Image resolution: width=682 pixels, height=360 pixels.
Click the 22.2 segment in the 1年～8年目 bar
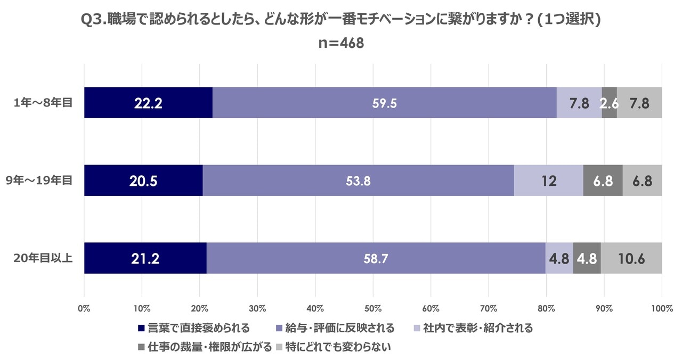coord(148,103)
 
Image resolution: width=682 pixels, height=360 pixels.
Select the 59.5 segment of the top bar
coord(384,103)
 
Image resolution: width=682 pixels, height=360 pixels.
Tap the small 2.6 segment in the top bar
coord(609,103)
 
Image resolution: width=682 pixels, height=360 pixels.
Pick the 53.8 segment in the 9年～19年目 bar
coord(358,181)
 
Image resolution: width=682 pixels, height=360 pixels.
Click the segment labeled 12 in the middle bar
coord(548,181)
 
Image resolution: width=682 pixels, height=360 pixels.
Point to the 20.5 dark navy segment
coord(143,181)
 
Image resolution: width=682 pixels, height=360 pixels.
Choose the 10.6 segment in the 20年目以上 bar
coord(631,258)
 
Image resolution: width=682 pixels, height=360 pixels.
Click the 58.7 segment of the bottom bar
coord(376,258)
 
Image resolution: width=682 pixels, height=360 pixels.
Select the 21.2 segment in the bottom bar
coord(145,258)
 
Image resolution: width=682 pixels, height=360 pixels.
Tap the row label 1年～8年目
coord(43,103)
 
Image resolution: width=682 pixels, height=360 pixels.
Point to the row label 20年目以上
coord(43,258)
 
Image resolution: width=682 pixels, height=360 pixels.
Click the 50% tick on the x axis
coord(373,308)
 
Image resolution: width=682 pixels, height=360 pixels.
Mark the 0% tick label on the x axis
coord(84,308)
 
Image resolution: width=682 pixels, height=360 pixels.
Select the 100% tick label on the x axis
coord(661,308)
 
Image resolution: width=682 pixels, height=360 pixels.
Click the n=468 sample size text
coord(341,43)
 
